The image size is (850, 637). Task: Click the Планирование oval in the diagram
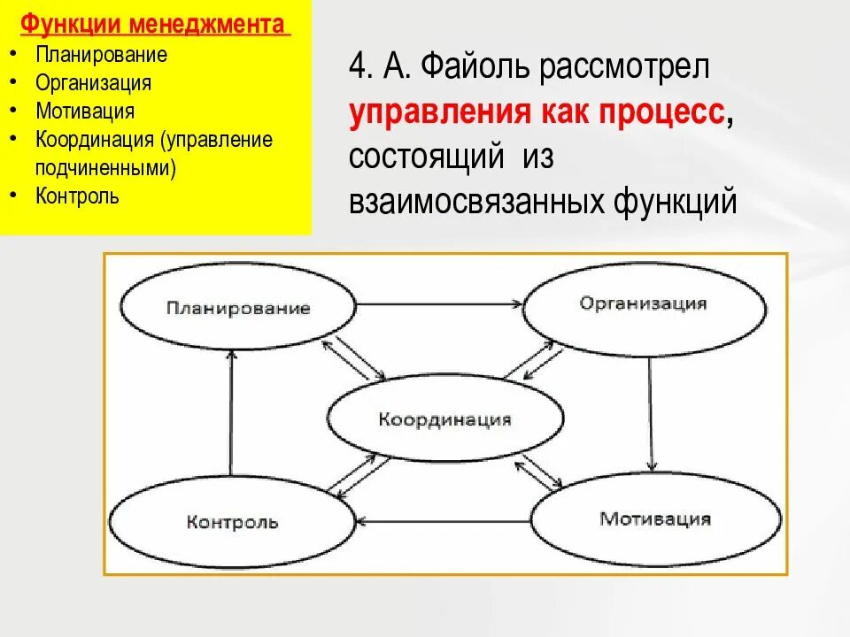[x=238, y=308]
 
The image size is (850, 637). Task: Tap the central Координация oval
[x=445, y=419]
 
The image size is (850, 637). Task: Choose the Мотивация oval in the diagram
[x=655, y=518]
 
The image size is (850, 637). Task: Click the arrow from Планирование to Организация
[x=440, y=304]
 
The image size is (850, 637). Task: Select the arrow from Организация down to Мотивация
[x=652, y=407]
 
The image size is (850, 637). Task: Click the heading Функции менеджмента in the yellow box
[x=155, y=25]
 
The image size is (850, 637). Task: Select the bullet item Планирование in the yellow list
[x=101, y=54]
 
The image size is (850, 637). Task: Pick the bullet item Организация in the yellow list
[x=93, y=82]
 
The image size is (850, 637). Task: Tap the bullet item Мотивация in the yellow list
[x=85, y=111]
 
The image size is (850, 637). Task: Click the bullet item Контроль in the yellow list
[x=77, y=196]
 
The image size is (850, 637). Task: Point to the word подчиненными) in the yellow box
[x=105, y=167]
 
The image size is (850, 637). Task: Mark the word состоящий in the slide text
[x=420, y=157]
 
